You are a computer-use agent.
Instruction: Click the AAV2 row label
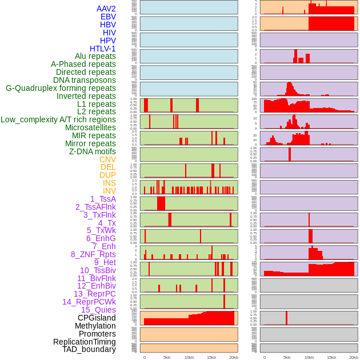[106, 9]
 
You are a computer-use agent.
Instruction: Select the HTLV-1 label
[103, 49]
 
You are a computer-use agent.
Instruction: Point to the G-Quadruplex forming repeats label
[61, 88]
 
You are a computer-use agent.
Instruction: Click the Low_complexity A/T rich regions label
[58, 119]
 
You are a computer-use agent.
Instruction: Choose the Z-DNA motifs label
[93, 151]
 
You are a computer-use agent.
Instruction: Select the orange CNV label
[107, 159]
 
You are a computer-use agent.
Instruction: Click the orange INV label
[109, 191]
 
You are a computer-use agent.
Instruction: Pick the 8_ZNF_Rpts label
[93, 254]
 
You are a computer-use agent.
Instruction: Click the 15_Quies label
[98, 310]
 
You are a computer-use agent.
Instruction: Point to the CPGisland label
[97, 318]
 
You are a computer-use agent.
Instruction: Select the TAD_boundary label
[89, 349]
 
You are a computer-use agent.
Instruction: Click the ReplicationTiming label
[85, 342]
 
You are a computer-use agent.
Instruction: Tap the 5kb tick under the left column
[167, 357]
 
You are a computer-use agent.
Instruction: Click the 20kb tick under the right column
[354, 357]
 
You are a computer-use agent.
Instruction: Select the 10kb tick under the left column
[189, 357]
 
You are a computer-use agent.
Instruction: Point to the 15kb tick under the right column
[331, 357]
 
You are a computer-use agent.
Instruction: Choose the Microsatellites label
[90, 127]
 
